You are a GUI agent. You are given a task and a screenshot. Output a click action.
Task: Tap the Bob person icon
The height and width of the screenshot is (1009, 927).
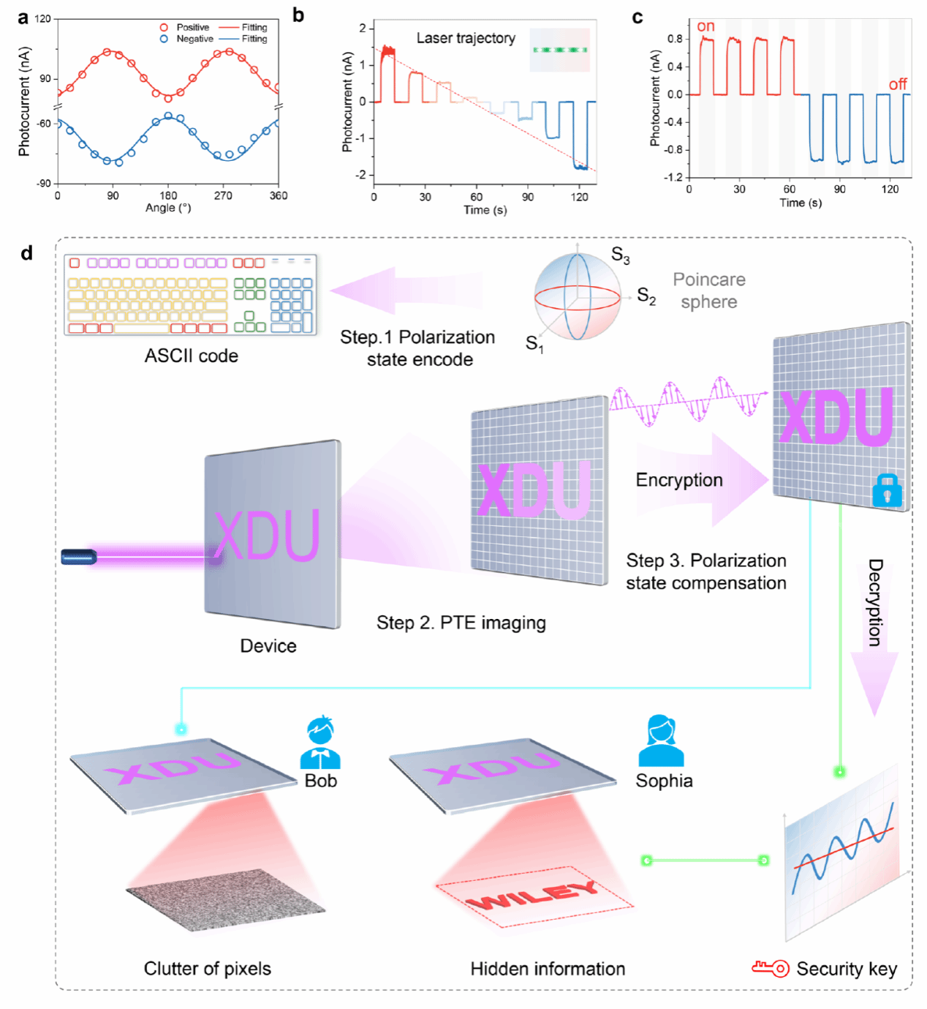[320, 742]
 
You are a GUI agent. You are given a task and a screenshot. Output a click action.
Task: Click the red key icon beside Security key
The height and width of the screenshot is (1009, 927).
[771, 968]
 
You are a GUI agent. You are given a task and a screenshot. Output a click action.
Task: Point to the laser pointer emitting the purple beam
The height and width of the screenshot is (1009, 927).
[79, 557]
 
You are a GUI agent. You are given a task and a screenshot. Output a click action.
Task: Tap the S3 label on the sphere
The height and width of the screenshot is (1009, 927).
[620, 255]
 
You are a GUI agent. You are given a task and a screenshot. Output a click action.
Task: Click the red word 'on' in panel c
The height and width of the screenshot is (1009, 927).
[705, 26]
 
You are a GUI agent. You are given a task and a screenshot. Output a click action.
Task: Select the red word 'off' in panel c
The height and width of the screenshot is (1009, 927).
[898, 84]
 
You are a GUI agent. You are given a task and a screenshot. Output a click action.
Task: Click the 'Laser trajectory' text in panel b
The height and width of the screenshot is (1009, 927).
[466, 38]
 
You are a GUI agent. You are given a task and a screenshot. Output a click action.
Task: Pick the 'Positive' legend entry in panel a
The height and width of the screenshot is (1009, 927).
[192, 27]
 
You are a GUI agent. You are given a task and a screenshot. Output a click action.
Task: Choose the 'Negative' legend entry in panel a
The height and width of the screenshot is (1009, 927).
[194, 39]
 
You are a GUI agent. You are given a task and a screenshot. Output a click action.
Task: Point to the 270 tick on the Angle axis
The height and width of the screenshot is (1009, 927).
[223, 195]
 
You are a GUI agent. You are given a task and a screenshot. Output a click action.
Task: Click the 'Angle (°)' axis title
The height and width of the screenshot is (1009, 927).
[168, 208]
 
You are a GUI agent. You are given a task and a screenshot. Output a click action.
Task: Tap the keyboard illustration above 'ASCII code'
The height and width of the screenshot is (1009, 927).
[191, 295]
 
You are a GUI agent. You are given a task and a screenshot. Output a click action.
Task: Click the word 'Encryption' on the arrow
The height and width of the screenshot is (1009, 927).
[678, 480]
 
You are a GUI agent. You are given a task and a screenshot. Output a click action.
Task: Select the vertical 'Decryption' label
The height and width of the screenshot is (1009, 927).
[875, 602]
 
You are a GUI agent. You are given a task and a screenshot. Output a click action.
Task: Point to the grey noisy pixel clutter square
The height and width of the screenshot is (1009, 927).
[226, 899]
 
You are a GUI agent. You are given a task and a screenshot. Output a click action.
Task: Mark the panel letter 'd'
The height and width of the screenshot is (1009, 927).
[27, 253]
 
